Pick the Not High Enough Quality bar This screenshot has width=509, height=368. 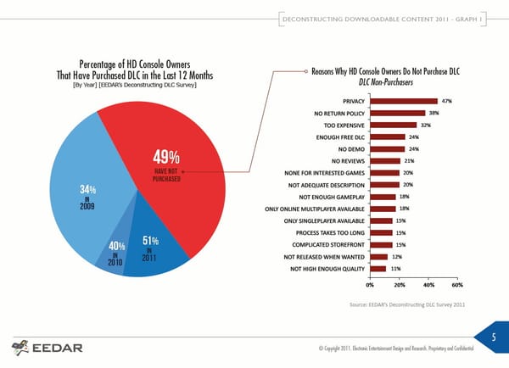[378, 269]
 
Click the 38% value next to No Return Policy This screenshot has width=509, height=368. [433, 113]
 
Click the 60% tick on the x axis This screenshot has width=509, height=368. [456, 284]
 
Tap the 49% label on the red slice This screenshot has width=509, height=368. [165, 158]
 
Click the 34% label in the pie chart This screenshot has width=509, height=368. [87, 188]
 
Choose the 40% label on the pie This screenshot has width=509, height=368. [118, 247]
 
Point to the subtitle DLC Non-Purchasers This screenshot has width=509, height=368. [386, 82]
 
